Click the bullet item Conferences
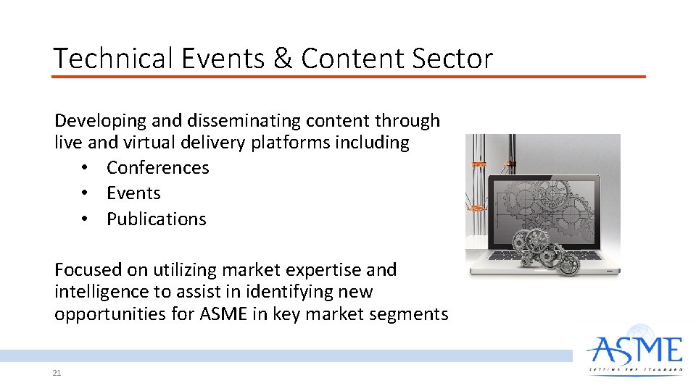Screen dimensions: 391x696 [x=157, y=168]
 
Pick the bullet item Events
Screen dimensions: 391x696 [x=133, y=193]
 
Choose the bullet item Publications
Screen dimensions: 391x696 [x=156, y=219]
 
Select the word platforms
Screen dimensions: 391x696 [x=291, y=143]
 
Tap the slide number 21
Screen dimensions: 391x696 [x=57, y=374]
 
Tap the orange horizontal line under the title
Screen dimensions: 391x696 [x=348, y=76]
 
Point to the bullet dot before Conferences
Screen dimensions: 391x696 [x=85, y=169]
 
